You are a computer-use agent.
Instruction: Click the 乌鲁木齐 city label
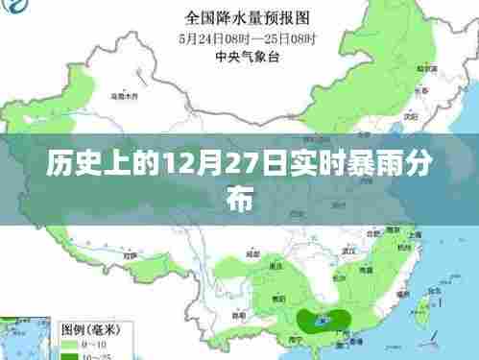[124, 96]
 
